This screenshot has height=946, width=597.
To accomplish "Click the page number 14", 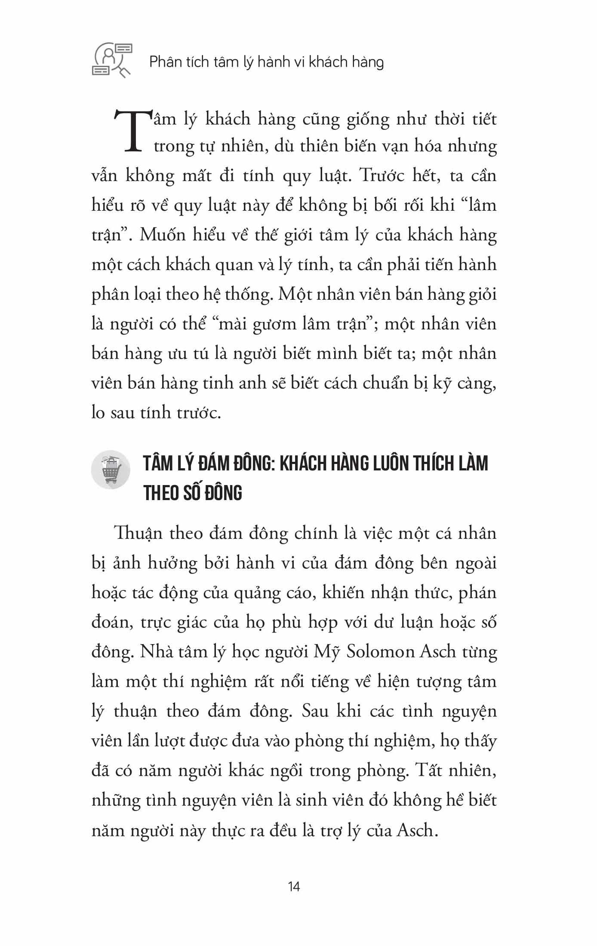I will click(x=294, y=887).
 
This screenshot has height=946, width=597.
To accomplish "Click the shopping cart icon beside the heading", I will click(x=111, y=470).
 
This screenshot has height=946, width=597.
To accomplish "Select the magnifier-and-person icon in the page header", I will click(x=112, y=60).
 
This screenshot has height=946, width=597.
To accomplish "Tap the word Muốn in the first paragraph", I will click(x=161, y=235).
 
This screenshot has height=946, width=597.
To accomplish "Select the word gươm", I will click(x=278, y=324).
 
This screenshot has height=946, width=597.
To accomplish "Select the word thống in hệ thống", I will click(x=246, y=295).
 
